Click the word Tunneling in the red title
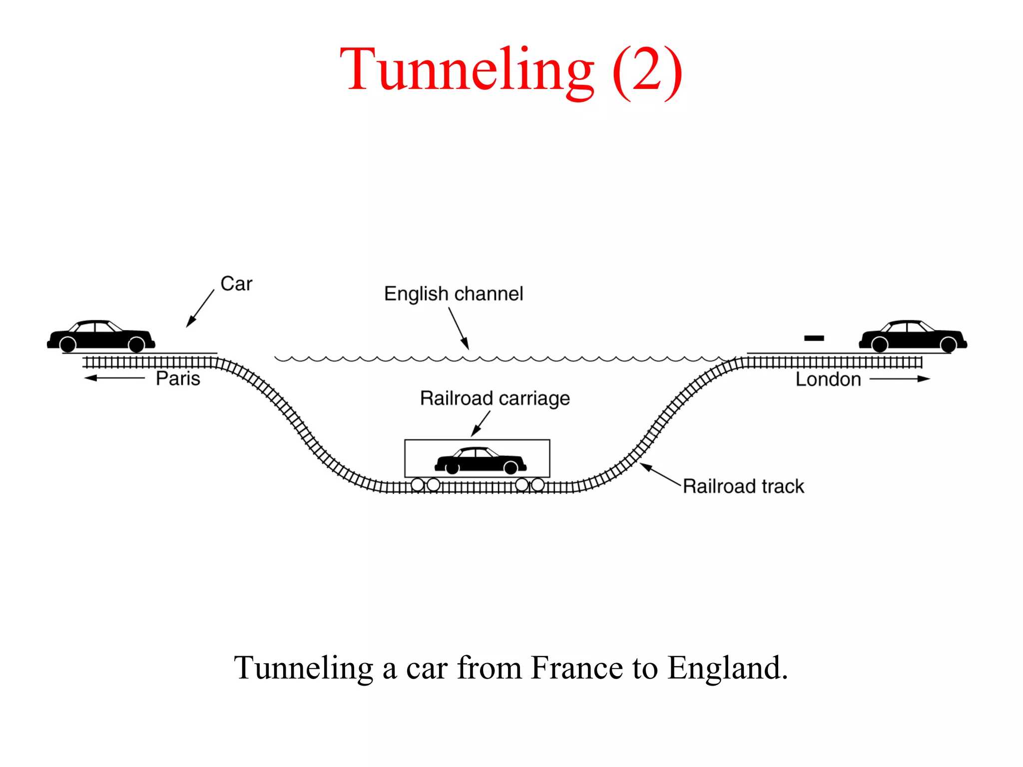[x=467, y=70]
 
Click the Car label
[x=236, y=284]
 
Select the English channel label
[x=453, y=294]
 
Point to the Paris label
[x=178, y=379]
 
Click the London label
[x=828, y=380]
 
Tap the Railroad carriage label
[x=495, y=398]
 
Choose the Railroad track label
[x=743, y=486]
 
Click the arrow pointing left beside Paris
[x=114, y=378]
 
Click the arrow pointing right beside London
[x=900, y=379]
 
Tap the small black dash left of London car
[x=814, y=339]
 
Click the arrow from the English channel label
[x=459, y=328]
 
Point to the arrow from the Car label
[x=200, y=309]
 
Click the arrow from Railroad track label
[x=660, y=474]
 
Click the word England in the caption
[x=727, y=668]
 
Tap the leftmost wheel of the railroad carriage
[x=418, y=484]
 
